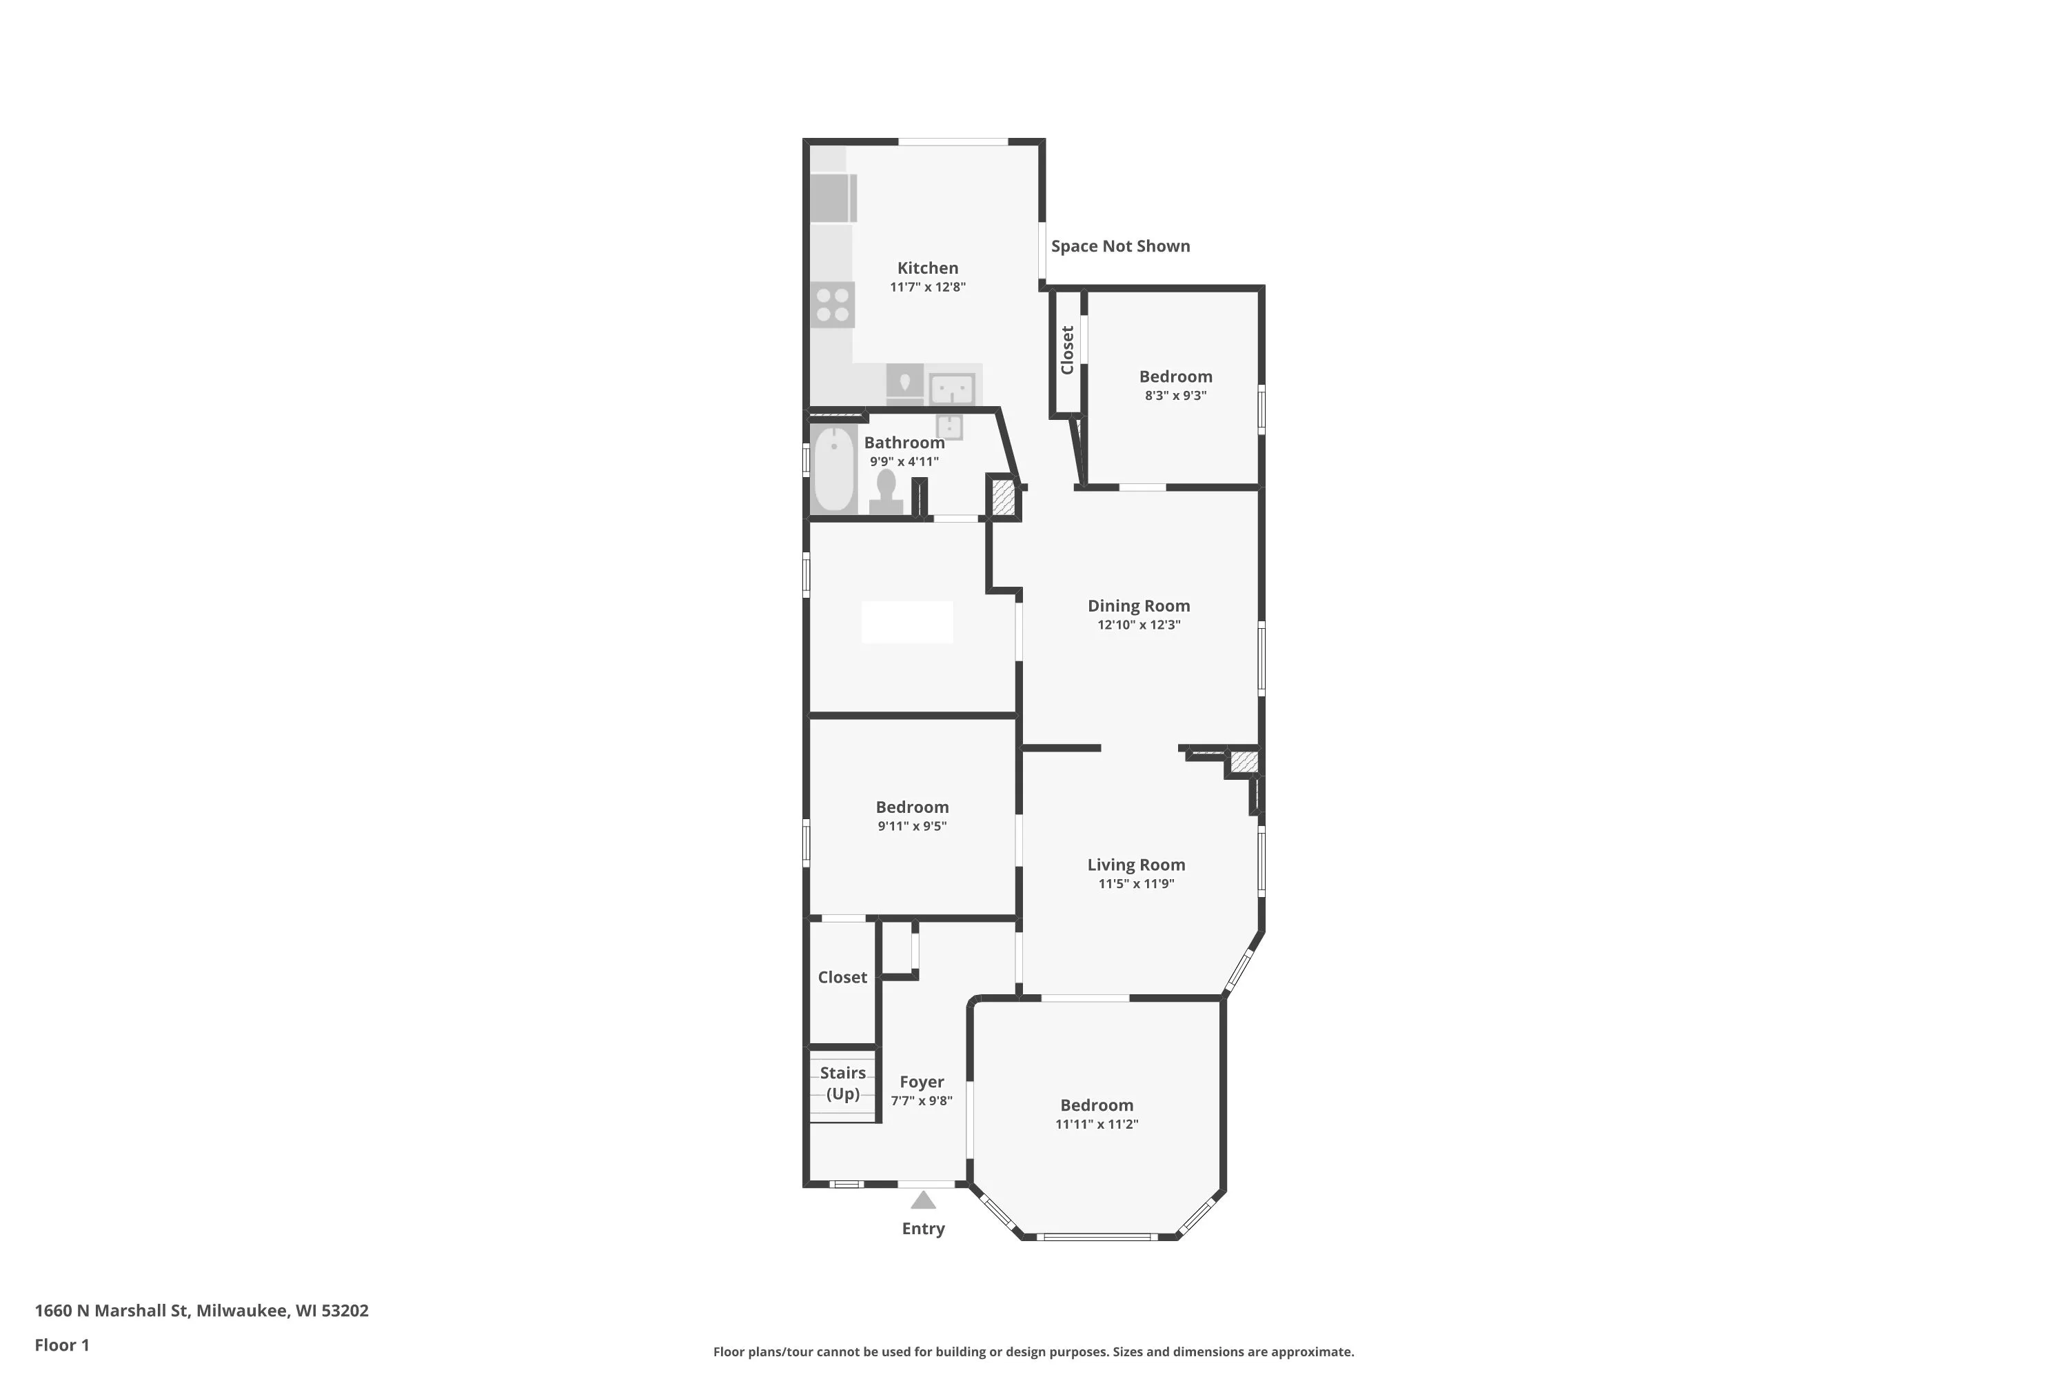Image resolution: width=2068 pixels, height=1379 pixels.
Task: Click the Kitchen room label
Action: pos(928,268)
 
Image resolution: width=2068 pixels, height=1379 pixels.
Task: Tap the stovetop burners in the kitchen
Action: pos(832,304)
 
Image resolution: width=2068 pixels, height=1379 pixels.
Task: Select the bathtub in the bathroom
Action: pos(833,469)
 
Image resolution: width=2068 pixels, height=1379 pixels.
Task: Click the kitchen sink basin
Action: pos(951,387)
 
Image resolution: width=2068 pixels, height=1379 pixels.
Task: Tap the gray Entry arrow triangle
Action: pos(923,1200)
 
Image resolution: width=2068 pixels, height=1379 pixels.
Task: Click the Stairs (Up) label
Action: pos(843,1083)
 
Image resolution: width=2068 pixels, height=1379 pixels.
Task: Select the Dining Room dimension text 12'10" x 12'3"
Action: pos(1139,625)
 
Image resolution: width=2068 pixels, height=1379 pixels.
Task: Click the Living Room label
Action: pos(1136,865)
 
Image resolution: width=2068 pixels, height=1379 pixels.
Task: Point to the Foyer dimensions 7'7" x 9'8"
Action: pos(922,1101)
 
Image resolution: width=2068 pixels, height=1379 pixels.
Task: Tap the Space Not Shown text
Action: pos(1120,246)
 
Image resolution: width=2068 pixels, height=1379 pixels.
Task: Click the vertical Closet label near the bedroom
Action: pos(1067,350)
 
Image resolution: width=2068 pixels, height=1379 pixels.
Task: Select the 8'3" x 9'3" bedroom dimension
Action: pos(1175,396)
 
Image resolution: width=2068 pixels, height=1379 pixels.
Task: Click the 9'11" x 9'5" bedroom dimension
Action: pos(912,827)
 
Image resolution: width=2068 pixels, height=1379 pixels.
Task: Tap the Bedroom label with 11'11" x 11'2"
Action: pos(1097,1105)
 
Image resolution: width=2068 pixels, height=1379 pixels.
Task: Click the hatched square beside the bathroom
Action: pos(1003,499)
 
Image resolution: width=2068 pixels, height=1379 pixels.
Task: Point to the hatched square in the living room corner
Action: pos(1244,762)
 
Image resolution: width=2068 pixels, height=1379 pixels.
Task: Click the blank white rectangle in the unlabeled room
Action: pos(907,623)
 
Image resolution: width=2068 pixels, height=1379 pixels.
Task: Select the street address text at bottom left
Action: pos(201,1311)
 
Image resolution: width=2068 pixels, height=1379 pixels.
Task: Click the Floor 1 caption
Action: pos(61,1345)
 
